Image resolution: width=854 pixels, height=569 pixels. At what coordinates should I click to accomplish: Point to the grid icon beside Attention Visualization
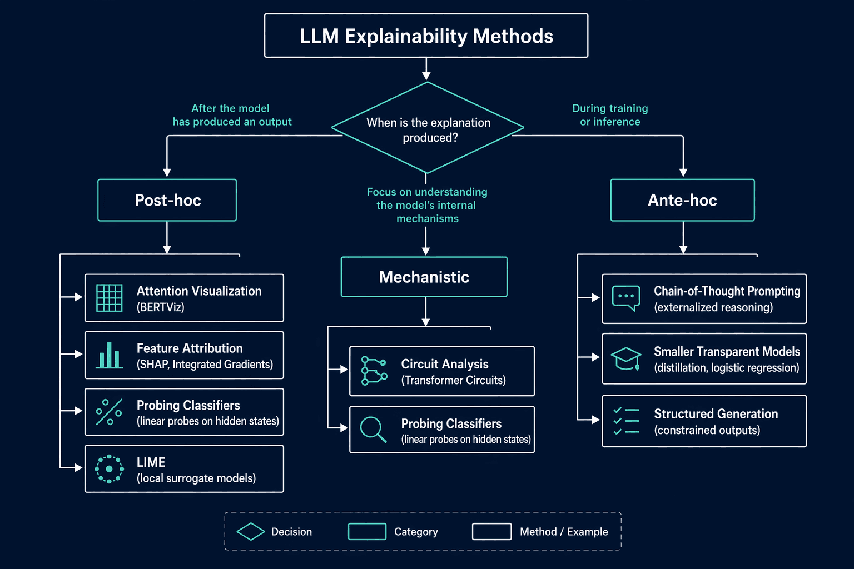110,298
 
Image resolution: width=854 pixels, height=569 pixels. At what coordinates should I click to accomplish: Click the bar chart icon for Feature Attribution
110,355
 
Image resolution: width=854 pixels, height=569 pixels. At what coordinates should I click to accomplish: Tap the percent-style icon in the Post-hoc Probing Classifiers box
109,412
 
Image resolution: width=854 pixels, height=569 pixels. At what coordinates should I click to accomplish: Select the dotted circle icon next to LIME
110,469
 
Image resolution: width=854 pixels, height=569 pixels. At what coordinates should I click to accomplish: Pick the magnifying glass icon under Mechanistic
373,430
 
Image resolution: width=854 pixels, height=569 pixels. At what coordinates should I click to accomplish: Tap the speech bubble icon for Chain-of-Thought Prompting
626,298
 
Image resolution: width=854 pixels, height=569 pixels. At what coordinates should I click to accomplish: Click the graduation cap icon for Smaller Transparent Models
626,358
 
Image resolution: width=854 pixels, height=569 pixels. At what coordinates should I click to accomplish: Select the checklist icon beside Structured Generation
626,421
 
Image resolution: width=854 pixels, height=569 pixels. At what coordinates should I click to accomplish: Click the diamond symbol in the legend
251,531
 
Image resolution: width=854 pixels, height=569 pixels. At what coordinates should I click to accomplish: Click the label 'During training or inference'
610,115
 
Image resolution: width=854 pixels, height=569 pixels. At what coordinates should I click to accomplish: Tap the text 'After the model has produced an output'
232,115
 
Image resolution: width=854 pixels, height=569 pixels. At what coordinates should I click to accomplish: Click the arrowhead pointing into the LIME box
78,468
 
